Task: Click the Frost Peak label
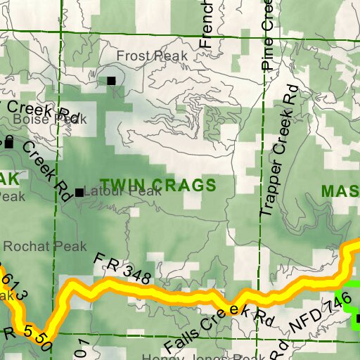(x=152, y=56)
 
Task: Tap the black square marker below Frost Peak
(x=111, y=81)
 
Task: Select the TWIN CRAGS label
(x=157, y=186)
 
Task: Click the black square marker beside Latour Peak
(x=79, y=192)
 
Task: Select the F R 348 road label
(x=123, y=268)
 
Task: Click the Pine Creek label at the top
(x=267, y=35)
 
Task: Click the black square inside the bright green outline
(x=356, y=319)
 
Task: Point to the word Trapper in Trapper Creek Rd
(x=270, y=188)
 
